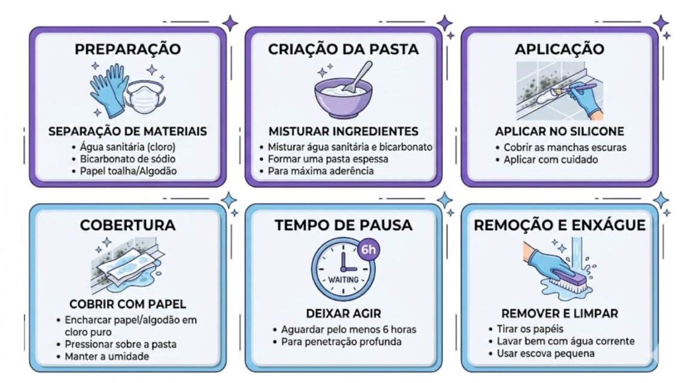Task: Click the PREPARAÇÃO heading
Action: pos(127,49)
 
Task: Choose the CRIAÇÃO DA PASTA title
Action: pos(343,49)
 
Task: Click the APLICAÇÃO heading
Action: pos(559,49)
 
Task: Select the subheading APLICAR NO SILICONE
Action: pos(559,131)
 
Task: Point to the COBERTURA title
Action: pos(127,225)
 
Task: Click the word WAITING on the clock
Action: pos(343,280)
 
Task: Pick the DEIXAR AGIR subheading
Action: pos(343,313)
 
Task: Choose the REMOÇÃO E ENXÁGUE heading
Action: pos(559,225)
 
